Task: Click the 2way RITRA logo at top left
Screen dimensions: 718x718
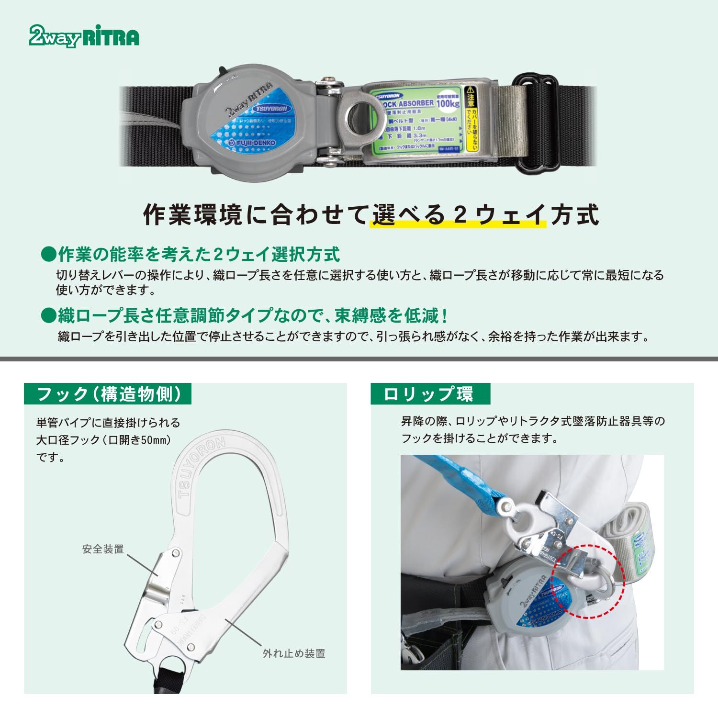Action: coord(84,36)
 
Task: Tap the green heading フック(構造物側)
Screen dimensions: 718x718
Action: coord(108,394)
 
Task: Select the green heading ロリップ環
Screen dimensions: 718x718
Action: coord(429,394)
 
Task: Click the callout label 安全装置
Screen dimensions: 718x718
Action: coord(102,549)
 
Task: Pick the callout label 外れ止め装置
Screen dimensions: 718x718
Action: coord(294,653)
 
